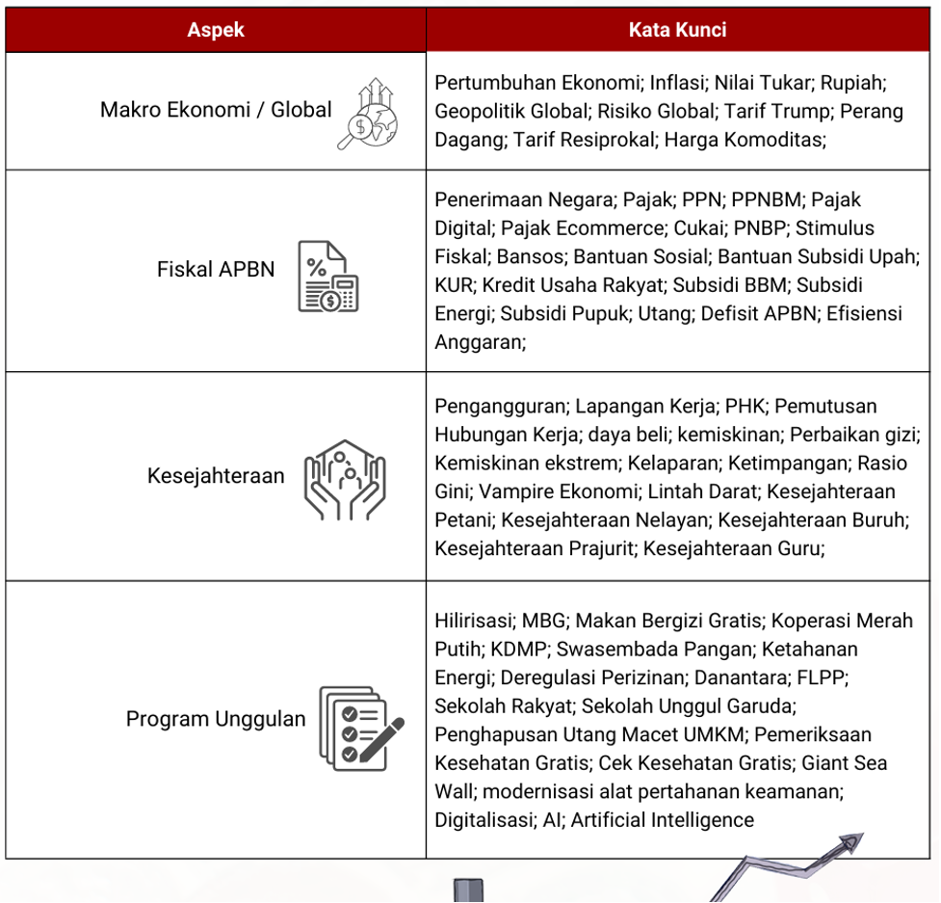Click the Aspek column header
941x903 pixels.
tap(216, 30)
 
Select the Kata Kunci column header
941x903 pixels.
tap(677, 30)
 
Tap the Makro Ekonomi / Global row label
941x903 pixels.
tap(216, 110)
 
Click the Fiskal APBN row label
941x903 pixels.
tap(216, 269)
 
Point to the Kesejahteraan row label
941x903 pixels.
tap(216, 475)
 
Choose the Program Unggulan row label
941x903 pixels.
tap(216, 719)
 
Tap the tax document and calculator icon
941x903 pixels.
tap(327, 277)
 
